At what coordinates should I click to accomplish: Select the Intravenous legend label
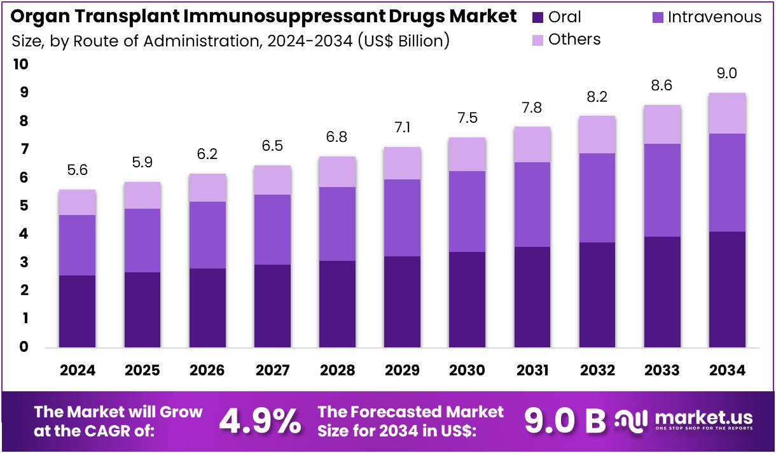pyautogui.click(x=714, y=17)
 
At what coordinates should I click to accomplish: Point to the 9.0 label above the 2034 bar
pyautogui.click(x=726, y=73)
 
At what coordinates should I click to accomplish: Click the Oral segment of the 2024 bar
pyautogui.click(x=77, y=311)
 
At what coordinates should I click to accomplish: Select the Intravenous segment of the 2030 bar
pyautogui.click(x=468, y=211)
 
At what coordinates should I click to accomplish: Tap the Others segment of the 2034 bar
pyautogui.click(x=726, y=113)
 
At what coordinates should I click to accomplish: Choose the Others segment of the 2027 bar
pyautogui.click(x=272, y=180)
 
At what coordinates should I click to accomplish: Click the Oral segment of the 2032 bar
pyautogui.click(x=597, y=295)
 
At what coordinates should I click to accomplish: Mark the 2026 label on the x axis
pyautogui.click(x=207, y=370)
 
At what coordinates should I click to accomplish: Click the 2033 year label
pyautogui.click(x=662, y=370)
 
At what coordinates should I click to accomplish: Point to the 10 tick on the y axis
pyautogui.click(x=20, y=64)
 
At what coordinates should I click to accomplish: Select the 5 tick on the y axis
pyautogui.click(x=24, y=206)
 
